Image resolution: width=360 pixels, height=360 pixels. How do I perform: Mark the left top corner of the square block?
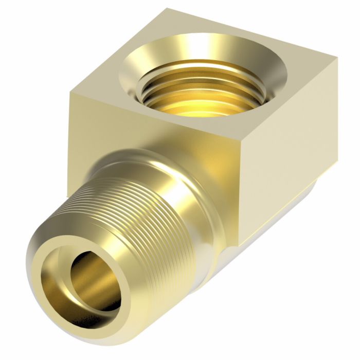68,91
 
